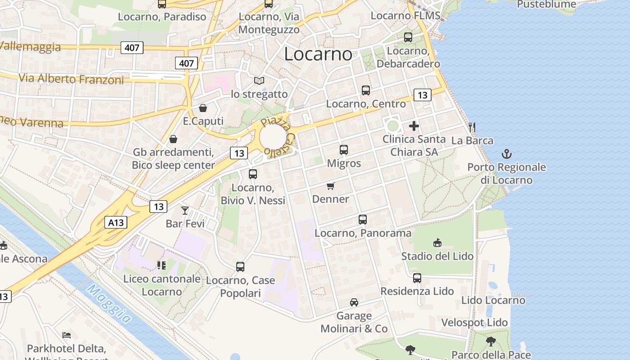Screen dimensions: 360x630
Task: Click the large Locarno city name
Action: point(318,54)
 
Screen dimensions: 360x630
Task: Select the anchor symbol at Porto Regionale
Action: point(507,154)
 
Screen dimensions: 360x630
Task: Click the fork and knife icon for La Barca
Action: point(472,127)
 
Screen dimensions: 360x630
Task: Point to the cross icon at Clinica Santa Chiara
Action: point(414,126)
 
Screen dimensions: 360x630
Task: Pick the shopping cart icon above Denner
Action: point(331,186)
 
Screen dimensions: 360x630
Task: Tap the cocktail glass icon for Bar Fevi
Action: point(185,210)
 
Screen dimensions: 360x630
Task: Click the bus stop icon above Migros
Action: point(344,150)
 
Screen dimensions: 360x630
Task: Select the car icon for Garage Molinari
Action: point(354,302)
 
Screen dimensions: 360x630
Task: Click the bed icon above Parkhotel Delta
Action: point(67,335)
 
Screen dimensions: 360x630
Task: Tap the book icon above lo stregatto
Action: point(259,81)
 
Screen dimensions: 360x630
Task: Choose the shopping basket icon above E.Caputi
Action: point(203,108)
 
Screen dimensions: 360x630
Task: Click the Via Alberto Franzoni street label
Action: point(71,79)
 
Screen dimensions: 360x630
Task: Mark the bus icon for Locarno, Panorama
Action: point(363,220)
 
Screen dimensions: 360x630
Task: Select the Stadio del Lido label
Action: point(437,256)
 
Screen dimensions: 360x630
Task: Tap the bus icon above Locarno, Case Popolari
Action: point(240,267)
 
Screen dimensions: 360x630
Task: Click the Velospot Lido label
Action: point(474,323)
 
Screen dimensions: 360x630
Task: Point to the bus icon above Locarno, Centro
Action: point(366,90)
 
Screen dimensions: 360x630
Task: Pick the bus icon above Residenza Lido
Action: point(417,278)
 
